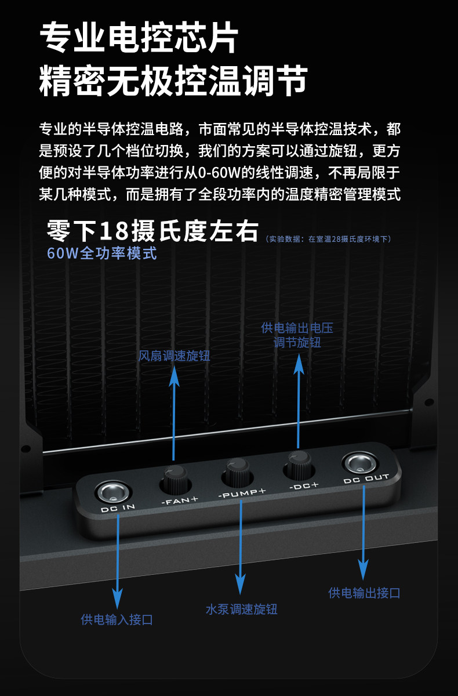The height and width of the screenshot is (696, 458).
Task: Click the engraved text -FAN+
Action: (180, 499)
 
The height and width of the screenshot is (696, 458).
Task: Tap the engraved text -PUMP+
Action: (242, 494)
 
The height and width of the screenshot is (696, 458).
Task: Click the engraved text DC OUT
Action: (366, 480)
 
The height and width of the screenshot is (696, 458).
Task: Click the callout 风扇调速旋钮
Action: (175, 356)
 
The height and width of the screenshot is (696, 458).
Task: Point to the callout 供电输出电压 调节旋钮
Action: (297, 335)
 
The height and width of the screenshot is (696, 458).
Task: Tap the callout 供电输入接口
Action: (117, 619)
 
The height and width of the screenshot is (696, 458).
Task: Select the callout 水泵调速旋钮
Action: (241, 609)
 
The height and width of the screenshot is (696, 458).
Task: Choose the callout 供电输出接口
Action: (364, 592)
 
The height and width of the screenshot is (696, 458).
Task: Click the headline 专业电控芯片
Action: (139, 39)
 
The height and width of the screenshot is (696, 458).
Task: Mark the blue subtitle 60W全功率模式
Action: (102, 253)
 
